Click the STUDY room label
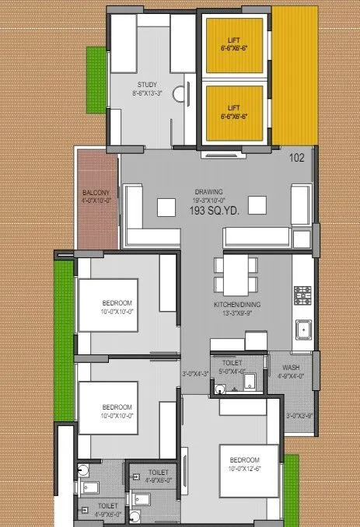click(148, 85)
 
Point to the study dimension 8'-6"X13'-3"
click(148, 93)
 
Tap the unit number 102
click(296, 157)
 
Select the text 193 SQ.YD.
click(209, 211)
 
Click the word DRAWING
click(209, 192)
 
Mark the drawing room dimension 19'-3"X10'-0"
click(209, 201)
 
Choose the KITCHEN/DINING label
click(238, 305)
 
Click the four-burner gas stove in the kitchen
click(302, 296)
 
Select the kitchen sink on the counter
click(301, 331)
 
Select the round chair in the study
click(179, 95)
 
